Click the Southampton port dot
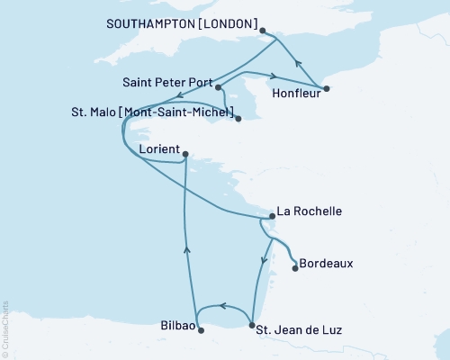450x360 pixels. pyautogui.click(x=263, y=31)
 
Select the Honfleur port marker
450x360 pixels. pyautogui.click(x=326, y=88)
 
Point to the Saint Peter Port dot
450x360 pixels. pyautogui.click(x=219, y=86)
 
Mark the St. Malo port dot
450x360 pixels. pyautogui.click(x=238, y=118)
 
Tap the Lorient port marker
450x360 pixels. pyautogui.click(x=184, y=155)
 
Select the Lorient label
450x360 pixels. pyautogui.click(x=159, y=148)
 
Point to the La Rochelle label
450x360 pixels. pyautogui.click(x=309, y=212)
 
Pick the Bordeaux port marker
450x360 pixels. pyautogui.click(x=296, y=266)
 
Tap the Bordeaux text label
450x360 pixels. pyautogui.click(x=326, y=264)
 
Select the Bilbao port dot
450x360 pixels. pyautogui.click(x=201, y=330)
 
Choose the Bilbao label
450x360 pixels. pyautogui.click(x=175, y=325)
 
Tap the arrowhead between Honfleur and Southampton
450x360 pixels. pyautogui.click(x=298, y=63)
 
